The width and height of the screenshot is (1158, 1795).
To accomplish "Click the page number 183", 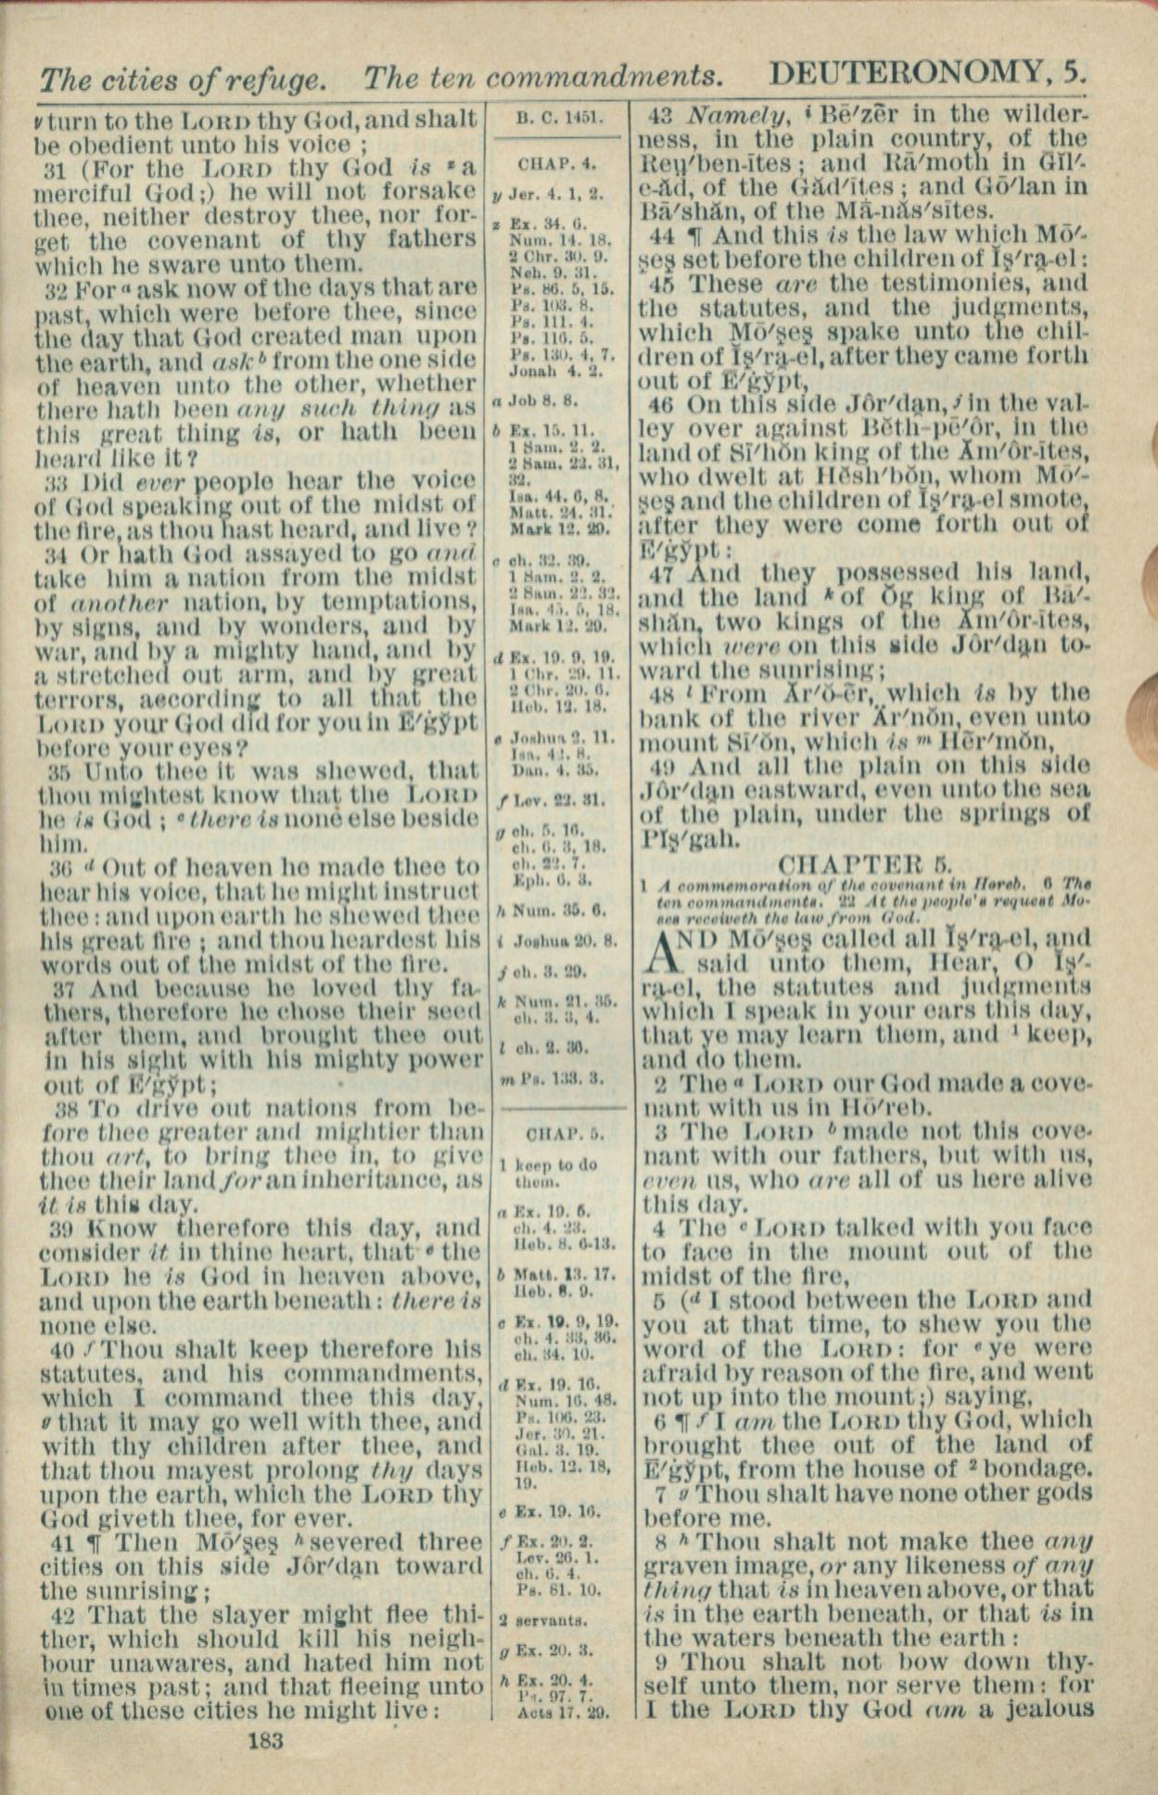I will [x=265, y=1740].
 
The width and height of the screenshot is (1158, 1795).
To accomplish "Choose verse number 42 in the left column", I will [x=53, y=1615].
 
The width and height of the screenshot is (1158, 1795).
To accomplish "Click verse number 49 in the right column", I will [x=662, y=767].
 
